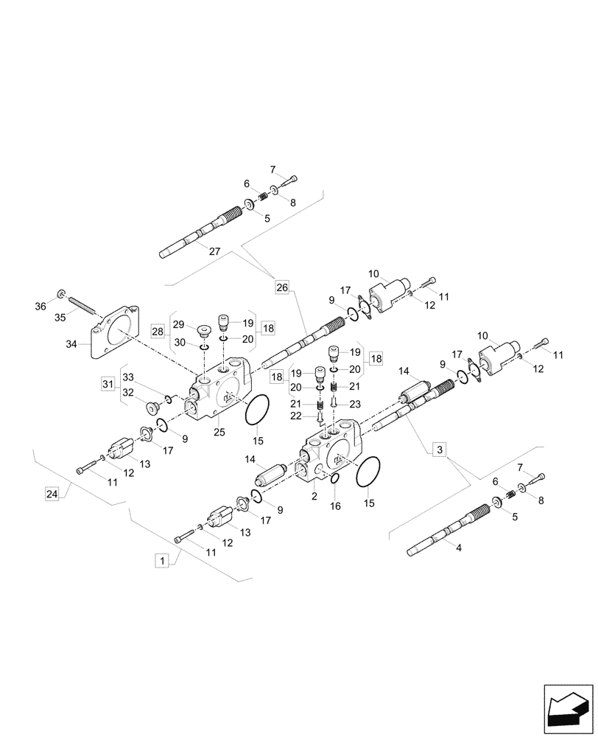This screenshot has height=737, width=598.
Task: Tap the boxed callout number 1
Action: point(160,562)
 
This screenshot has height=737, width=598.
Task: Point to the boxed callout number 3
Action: point(440,449)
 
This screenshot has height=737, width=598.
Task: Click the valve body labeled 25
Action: point(221,391)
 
